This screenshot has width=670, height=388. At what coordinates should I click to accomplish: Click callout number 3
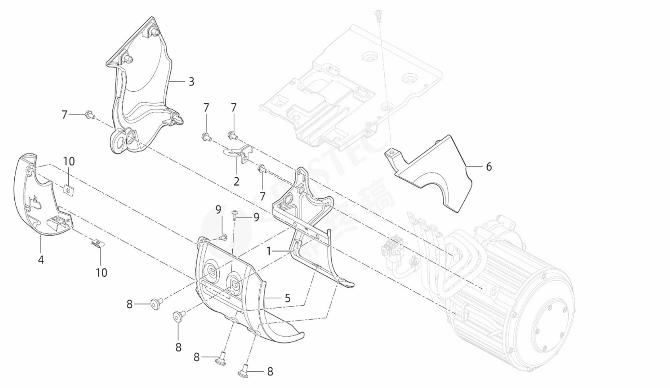click(191, 82)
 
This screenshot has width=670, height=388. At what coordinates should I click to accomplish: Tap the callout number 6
click(489, 167)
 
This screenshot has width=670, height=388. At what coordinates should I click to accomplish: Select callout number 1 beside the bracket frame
click(269, 251)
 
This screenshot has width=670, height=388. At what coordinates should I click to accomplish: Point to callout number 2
click(237, 182)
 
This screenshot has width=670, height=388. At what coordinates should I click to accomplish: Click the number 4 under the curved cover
click(41, 260)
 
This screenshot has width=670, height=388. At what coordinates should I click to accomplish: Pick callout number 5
click(288, 298)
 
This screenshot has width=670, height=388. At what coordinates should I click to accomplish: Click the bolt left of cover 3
click(89, 115)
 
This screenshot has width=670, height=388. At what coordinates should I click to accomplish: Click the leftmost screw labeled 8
click(155, 305)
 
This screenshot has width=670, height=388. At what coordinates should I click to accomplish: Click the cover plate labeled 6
click(435, 175)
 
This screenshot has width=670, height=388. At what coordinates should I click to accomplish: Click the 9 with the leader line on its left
click(256, 217)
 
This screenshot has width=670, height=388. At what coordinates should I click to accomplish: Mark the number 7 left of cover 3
click(64, 115)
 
